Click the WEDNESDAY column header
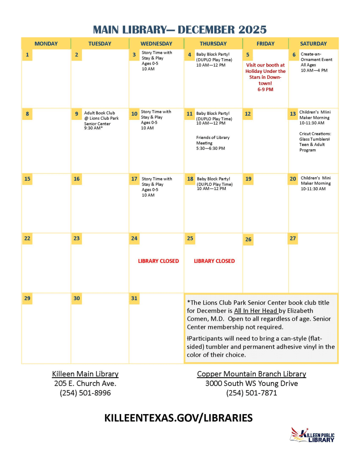click(157, 44)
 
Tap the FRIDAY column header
click(265, 44)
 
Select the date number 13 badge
click(293, 113)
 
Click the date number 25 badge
click(190, 238)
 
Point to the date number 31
click(134, 298)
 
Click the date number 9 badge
click(76, 113)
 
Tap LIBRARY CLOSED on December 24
click(158, 261)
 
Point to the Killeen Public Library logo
click(313, 435)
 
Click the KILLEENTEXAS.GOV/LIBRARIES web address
click(178, 418)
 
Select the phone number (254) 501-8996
click(85, 393)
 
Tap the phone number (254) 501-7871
click(251, 393)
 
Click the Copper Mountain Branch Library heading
click(251, 374)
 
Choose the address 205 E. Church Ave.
click(85, 384)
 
